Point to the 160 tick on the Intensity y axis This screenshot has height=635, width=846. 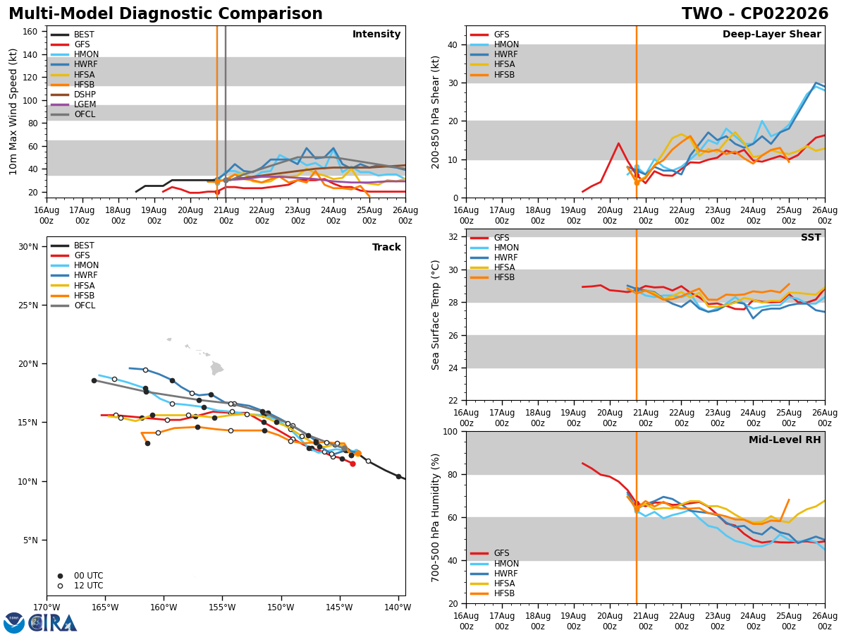(x=30, y=32)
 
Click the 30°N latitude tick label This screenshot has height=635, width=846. (x=28, y=247)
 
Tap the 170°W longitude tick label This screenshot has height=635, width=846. (x=47, y=607)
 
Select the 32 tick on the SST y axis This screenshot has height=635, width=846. (x=453, y=237)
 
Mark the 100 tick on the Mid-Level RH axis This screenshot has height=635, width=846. (x=450, y=431)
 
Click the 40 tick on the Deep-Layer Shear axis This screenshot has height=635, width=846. (x=453, y=44)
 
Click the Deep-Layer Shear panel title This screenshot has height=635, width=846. (x=771, y=35)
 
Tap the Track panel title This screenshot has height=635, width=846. (x=386, y=247)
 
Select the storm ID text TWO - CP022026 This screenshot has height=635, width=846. (x=755, y=13)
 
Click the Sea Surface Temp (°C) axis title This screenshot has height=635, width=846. (x=435, y=315)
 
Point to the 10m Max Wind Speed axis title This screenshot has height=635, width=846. (x=13, y=111)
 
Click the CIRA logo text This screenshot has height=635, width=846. (x=52, y=623)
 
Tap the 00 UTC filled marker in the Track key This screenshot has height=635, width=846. (x=60, y=576)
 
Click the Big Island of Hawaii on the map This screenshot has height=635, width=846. (x=216, y=368)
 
